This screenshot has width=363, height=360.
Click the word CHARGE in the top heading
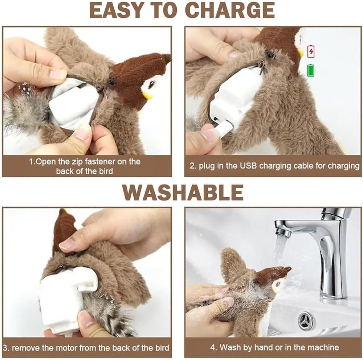[x=229, y=10]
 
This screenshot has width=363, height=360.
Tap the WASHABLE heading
[x=182, y=193]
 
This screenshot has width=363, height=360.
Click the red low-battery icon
[x=311, y=51]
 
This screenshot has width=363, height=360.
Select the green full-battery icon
[x=311, y=70]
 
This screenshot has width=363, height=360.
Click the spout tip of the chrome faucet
[x=283, y=232]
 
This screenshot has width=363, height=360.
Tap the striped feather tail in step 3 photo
[x=109, y=319]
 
